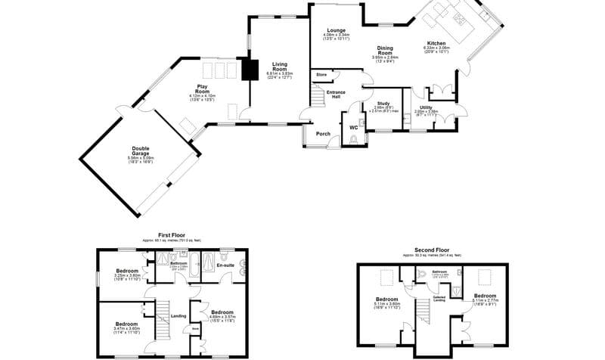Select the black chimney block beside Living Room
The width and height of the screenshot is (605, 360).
pyautogui.click(x=249, y=69)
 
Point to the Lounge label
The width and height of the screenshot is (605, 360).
pyautogui.click(x=337, y=29)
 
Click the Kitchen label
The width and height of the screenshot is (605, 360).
pyautogui.click(x=436, y=43)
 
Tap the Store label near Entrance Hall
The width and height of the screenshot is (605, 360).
pyautogui.click(x=321, y=75)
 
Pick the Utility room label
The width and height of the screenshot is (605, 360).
pyautogui.click(x=426, y=108)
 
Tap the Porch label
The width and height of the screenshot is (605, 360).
pyautogui.click(x=323, y=134)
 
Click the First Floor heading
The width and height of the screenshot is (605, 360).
pyautogui.click(x=171, y=235)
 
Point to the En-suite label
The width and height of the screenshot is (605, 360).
pyautogui.click(x=225, y=265)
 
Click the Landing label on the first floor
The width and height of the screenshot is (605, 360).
pyautogui.click(x=179, y=316)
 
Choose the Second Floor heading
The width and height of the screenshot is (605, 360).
pyautogui.click(x=433, y=250)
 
